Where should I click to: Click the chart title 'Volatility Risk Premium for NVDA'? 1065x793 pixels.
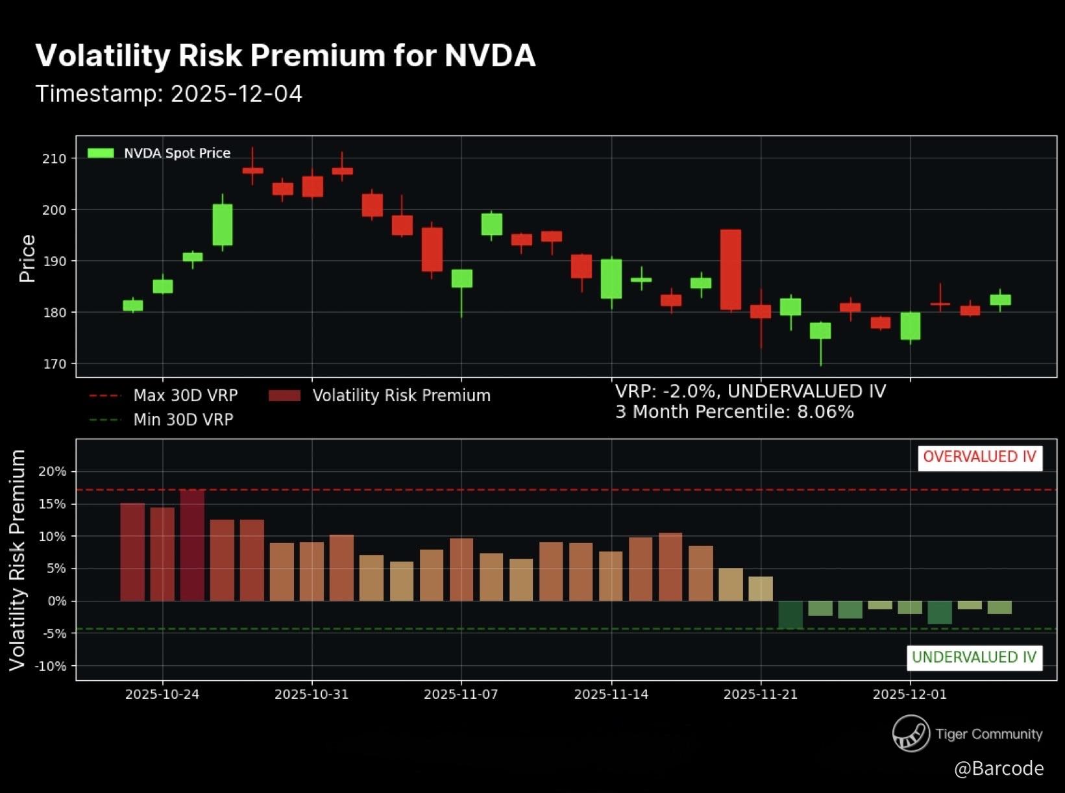coord(285,56)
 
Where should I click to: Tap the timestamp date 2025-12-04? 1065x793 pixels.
coord(236,94)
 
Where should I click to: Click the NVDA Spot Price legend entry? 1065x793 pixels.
coord(159,153)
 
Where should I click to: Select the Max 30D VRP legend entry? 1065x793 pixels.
coord(164,395)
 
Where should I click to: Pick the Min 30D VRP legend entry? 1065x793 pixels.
coord(161,420)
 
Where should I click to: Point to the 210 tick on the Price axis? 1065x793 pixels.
coord(55,158)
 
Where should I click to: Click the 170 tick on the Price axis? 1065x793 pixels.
coord(55,364)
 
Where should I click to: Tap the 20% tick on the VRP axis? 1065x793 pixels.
coord(52,472)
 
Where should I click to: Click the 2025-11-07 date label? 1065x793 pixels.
coord(461,694)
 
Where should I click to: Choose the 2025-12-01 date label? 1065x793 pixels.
coord(909,694)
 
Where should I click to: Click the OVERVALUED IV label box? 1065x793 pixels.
coord(979,457)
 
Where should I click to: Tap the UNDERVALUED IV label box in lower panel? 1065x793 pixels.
coord(973,657)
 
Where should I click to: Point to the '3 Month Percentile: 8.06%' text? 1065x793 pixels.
coord(734,412)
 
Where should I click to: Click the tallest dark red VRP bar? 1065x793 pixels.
coord(192,545)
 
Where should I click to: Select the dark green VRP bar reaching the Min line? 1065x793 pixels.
coord(790,615)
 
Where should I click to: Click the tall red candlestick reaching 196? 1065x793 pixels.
coord(731,269)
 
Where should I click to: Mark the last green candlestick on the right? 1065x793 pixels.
coord(1000,300)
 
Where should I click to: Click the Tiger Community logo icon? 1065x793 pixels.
coord(911,733)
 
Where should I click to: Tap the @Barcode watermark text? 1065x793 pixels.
coord(998,768)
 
